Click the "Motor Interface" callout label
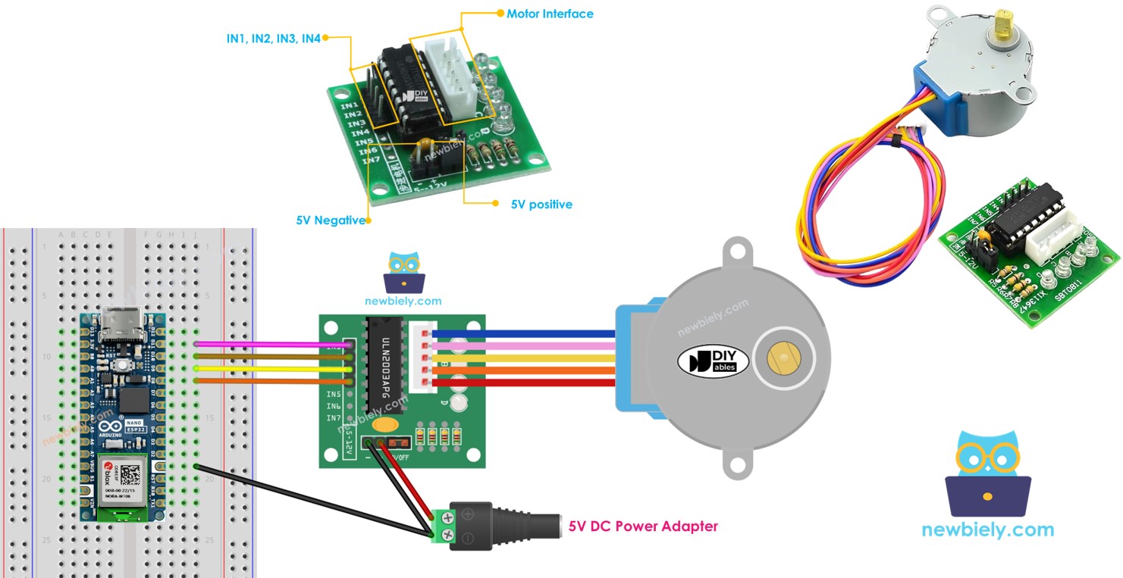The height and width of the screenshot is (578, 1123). point(550,14)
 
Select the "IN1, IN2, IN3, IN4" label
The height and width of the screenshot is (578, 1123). point(273,38)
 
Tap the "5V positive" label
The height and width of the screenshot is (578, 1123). point(541,205)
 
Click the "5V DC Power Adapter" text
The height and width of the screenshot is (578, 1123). point(643,526)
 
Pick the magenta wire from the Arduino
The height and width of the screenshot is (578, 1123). point(273,345)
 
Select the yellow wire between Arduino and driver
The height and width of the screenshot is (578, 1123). point(273,368)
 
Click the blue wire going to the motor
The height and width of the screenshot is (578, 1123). point(523,333)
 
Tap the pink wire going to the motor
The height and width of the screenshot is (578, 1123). point(523,345)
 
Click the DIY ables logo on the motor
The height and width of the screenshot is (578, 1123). point(713,361)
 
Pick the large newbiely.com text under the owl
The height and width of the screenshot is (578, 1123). point(987,530)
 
